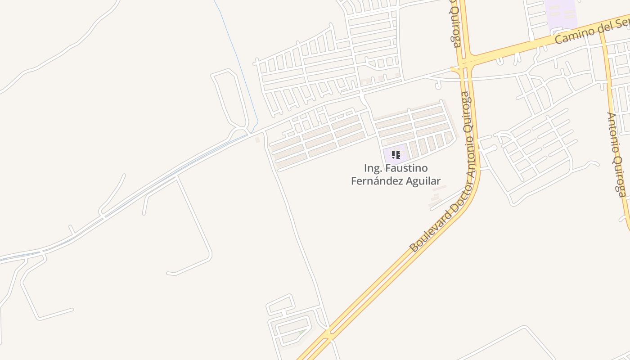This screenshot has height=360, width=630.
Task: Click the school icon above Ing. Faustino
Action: (x=396, y=155)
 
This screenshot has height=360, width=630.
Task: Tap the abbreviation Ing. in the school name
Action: (x=373, y=168)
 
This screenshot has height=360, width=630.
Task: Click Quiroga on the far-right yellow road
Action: (x=619, y=176)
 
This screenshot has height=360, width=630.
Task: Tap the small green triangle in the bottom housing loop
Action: (x=301, y=333)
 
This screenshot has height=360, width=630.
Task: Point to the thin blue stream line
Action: (x=236, y=54)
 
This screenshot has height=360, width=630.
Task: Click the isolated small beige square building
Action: (x=257, y=140)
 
